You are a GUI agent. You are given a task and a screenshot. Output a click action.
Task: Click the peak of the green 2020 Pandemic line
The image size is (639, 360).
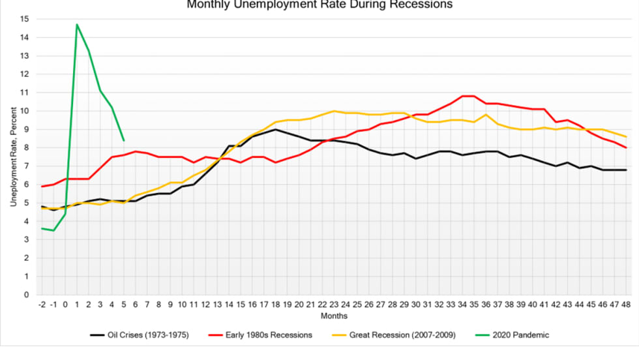pos(77,25)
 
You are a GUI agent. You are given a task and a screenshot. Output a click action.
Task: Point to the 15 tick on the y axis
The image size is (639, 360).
pos(24,19)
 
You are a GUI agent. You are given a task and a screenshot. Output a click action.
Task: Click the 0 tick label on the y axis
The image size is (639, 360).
pos(26,295)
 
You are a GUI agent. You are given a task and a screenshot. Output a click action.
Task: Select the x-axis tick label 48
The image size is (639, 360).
pos(626,305)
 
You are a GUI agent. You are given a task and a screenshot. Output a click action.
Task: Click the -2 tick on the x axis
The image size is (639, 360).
pos(42,305)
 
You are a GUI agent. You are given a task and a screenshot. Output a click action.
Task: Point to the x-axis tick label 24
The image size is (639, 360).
pos(346,305)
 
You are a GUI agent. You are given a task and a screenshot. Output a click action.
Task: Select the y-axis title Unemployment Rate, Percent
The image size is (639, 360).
pos(13,157)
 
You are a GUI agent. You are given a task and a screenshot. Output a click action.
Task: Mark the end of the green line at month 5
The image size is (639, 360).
pos(124,140)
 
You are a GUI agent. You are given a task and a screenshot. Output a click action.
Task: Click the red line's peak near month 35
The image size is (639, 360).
pos(467,96)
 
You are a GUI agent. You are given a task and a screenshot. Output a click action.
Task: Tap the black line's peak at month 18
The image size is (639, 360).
pos(276,129)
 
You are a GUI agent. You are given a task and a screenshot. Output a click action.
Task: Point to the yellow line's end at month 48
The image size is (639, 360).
pos(626,136)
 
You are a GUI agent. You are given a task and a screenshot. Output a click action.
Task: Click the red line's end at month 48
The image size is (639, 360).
pos(626,147)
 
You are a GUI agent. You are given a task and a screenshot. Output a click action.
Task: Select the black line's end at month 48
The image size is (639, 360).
pos(626,170)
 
